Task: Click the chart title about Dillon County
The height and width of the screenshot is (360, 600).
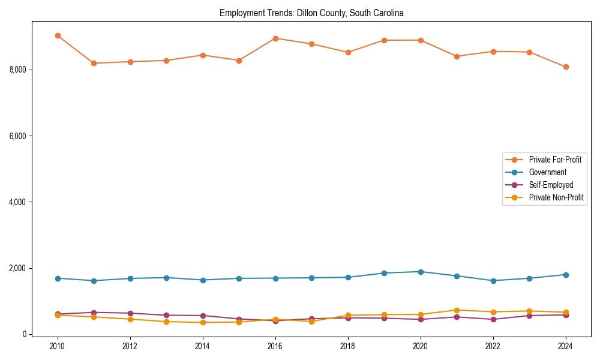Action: pos(311,13)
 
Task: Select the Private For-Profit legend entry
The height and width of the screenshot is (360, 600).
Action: pos(555,160)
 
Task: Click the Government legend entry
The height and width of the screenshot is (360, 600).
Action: pos(547,172)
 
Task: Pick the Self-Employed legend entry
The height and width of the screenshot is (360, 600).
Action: pos(551,185)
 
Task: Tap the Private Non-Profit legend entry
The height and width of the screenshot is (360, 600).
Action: pos(556,197)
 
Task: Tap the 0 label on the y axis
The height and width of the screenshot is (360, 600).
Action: pos(25,335)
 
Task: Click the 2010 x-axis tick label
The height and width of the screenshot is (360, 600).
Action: pos(58,346)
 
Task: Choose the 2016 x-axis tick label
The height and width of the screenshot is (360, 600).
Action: pos(275,346)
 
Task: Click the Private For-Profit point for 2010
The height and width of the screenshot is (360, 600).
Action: pos(58,36)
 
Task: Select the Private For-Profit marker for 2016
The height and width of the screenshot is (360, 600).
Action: pos(275,38)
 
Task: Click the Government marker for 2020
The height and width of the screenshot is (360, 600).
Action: pos(421,272)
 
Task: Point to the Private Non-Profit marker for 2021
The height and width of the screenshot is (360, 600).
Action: pos(457,310)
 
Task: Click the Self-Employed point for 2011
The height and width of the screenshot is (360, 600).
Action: pos(94,313)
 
